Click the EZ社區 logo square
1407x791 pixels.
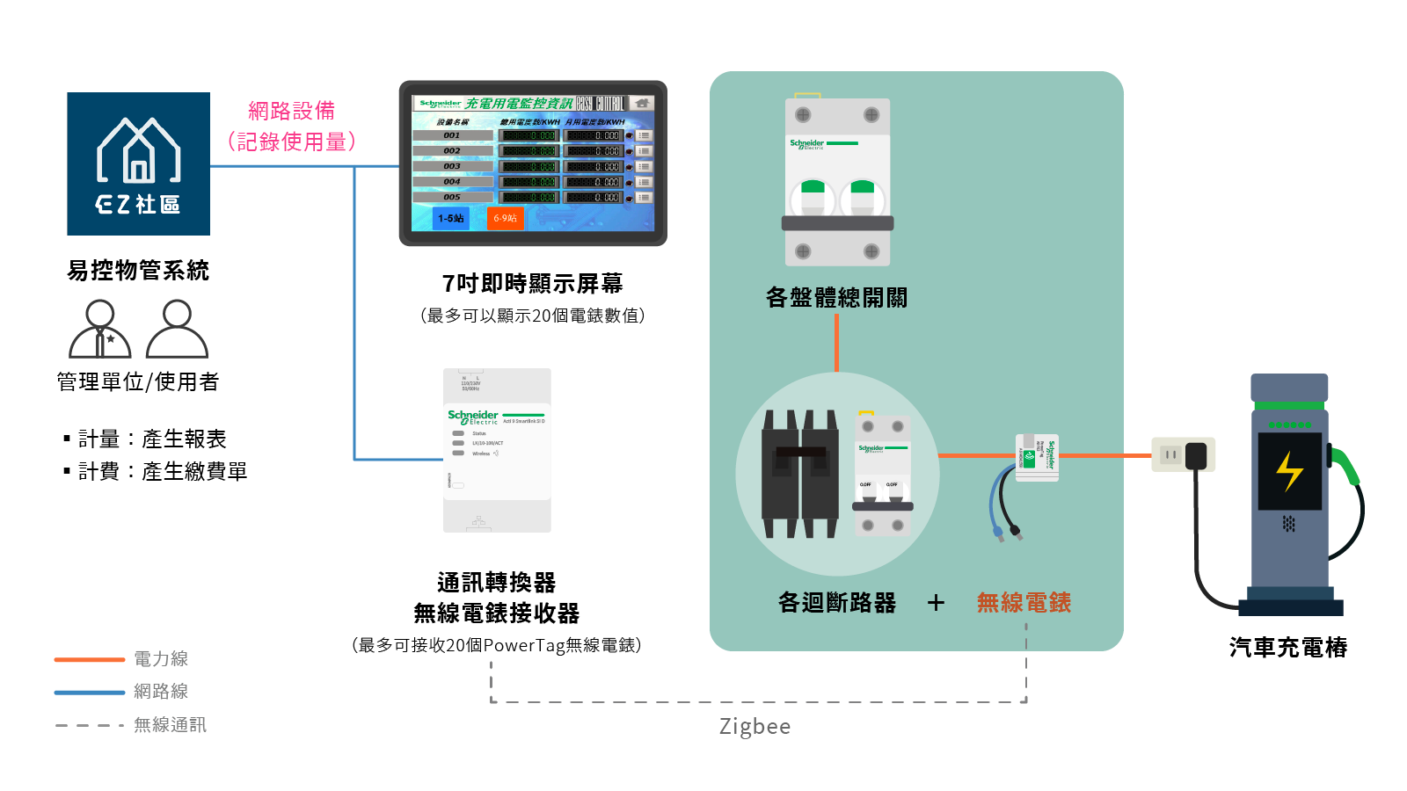(x=138, y=163)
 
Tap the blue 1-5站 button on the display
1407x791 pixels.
(x=451, y=218)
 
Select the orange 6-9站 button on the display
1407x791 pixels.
(x=505, y=218)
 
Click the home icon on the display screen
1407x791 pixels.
(x=642, y=104)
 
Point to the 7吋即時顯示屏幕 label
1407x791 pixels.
(x=532, y=284)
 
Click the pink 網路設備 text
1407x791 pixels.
(x=291, y=111)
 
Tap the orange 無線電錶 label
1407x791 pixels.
(x=1024, y=603)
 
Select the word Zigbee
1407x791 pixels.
(x=755, y=727)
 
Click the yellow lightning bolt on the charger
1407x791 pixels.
(x=1289, y=471)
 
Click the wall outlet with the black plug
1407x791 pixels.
(x=1183, y=455)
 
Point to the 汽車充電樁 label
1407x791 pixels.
(x=1288, y=648)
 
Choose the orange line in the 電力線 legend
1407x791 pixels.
(x=90, y=659)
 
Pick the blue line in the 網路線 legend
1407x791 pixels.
(x=90, y=693)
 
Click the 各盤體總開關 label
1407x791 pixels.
(x=836, y=298)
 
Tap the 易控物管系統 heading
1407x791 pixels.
(x=138, y=271)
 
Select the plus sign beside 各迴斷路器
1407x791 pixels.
(x=936, y=603)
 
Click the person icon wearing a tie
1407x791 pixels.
(x=100, y=330)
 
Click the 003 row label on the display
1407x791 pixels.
(x=452, y=166)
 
